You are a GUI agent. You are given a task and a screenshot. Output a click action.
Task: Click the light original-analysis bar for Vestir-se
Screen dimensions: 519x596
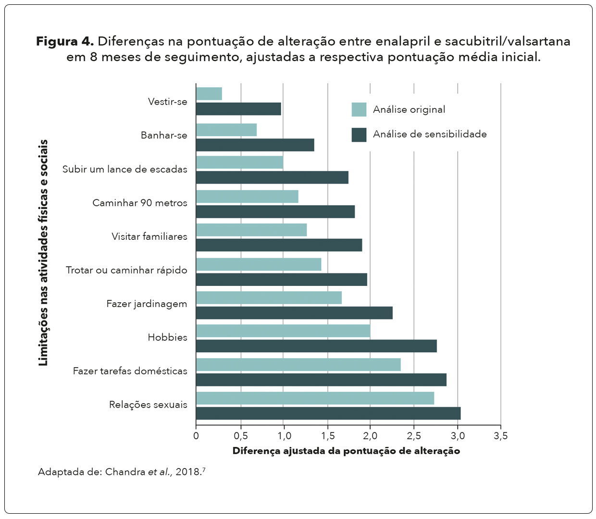pos(209,94)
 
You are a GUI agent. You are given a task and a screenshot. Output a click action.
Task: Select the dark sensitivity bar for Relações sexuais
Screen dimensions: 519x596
pos(328,413)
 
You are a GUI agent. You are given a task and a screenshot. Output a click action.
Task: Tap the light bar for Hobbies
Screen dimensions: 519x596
pos(283,331)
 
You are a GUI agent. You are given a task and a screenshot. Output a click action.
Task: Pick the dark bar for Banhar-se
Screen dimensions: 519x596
pos(255,145)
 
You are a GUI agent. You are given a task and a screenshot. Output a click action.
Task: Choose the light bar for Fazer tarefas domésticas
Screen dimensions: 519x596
pos(298,365)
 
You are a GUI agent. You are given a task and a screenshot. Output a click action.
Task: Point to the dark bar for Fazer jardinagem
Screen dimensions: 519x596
pos(294,313)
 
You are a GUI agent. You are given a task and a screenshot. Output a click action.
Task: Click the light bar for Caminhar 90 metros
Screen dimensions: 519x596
pos(247,197)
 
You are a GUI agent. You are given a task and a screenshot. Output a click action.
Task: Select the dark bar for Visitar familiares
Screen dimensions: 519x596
pos(279,245)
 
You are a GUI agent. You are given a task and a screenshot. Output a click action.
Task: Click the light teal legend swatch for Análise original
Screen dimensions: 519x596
pos(359,110)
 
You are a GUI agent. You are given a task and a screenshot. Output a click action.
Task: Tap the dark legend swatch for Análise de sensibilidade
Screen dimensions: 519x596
pos(359,135)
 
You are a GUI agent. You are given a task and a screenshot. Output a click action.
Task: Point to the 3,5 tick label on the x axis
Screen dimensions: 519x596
pos(500,436)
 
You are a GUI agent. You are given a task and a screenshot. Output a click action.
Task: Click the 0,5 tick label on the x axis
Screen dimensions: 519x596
pos(241,436)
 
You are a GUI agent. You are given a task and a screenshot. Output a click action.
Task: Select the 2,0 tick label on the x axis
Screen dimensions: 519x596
pos(370,436)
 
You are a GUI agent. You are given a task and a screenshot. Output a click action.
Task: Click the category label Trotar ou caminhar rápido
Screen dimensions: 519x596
pos(126,270)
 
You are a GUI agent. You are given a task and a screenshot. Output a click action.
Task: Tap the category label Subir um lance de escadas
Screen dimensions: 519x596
pos(125,169)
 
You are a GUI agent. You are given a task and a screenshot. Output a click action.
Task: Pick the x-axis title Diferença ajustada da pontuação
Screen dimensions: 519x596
pos(346,451)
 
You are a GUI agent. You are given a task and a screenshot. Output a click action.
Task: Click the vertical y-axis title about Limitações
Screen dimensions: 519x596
pos(44,253)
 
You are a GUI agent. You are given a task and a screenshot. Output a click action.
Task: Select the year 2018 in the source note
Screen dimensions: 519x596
pos(188,471)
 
